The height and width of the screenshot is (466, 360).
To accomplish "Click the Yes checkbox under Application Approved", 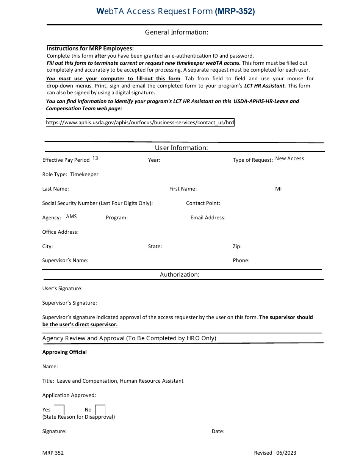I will (59, 410).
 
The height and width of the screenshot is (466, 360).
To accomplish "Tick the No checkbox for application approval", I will (100, 410).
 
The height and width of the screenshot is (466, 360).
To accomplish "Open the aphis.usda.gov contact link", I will (140, 122).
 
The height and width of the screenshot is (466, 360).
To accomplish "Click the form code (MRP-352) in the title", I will (235, 11).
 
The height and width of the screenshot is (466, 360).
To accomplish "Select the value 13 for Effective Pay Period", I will (95, 158).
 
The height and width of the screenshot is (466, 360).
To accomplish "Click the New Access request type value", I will (290, 158).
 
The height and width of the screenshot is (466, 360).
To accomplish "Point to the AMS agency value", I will (71, 216).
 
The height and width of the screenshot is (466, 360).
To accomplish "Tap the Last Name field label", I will (55, 189).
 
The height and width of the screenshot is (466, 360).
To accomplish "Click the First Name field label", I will (183, 189).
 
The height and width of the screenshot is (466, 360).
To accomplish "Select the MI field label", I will (278, 189).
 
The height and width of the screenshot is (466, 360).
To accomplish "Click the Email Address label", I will (208, 217).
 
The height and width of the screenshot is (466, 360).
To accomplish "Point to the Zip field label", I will (237, 246).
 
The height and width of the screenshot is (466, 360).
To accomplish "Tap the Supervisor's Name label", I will (65, 260).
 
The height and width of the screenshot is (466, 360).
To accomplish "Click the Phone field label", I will (241, 260).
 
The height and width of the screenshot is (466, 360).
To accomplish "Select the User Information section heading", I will (181, 148).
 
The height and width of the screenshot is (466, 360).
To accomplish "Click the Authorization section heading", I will (179, 274).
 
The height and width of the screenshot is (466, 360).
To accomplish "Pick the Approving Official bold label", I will (64, 352).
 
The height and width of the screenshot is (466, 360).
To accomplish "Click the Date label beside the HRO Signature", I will (218, 431).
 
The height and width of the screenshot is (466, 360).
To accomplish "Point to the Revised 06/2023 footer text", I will (275, 453).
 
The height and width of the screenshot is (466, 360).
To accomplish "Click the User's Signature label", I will (62, 288).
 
